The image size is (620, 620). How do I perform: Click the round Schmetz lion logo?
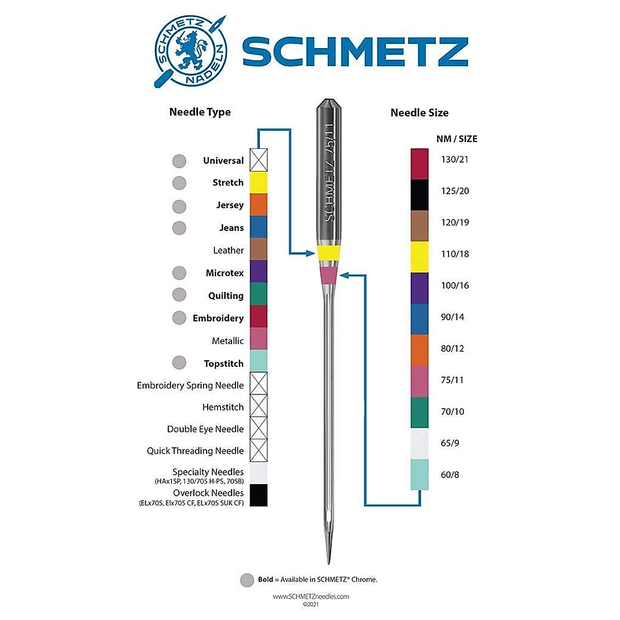191,51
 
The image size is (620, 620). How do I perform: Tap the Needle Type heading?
200,112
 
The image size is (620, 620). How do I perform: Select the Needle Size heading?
419,113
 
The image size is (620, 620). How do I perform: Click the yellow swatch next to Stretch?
258,182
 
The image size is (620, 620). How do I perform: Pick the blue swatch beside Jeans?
258,227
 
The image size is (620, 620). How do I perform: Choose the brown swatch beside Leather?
258,249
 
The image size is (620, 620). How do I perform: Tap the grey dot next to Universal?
179,161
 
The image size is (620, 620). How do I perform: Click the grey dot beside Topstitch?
179,363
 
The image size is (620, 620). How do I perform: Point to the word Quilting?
226,296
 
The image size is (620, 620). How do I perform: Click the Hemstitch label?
223,407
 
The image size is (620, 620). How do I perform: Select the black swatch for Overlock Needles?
258,495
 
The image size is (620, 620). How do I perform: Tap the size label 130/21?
455,159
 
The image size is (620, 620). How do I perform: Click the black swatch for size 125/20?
420,195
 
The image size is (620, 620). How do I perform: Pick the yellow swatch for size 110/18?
420,257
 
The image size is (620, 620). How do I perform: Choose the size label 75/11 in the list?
452,380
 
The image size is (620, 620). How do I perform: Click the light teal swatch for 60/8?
420,474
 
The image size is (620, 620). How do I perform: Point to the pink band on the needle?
328,275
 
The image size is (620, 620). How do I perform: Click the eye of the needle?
328,517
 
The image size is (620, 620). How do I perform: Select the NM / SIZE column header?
457,138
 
